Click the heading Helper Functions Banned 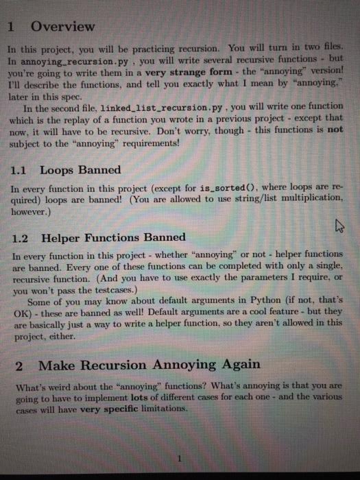point(113,237)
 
